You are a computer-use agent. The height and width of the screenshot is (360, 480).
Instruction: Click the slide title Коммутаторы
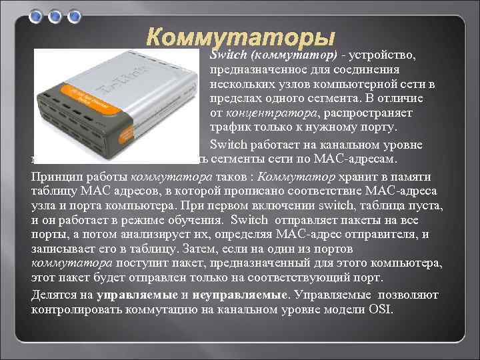click(x=241, y=37)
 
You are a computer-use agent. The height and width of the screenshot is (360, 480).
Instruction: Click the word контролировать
click(x=74, y=309)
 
